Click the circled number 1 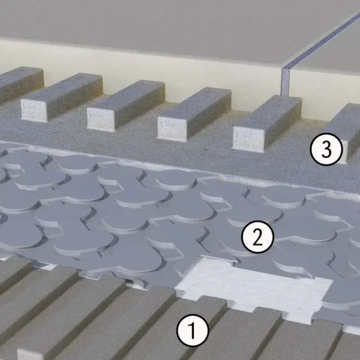pyautogui.click(x=193, y=330)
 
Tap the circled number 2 pyautogui.click(x=257, y=237)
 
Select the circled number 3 pyautogui.click(x=326, y=149)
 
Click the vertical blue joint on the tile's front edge pyautogui.click(x=286, y=82)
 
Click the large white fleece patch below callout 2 pyautogui.click(x=253, y=289)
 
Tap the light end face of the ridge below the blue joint pyautogui.click(x=248, y=139)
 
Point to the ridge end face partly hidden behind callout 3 pyautogui.click(x=344, y=149)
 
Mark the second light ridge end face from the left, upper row pyautogui.click(x=101, y=119)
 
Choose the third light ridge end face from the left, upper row pyautogui.click(x=172, y=129)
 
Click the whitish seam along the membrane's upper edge pyautogui.click(x=179, y=167)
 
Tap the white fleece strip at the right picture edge pyautogui.click(x=352, y=330)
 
